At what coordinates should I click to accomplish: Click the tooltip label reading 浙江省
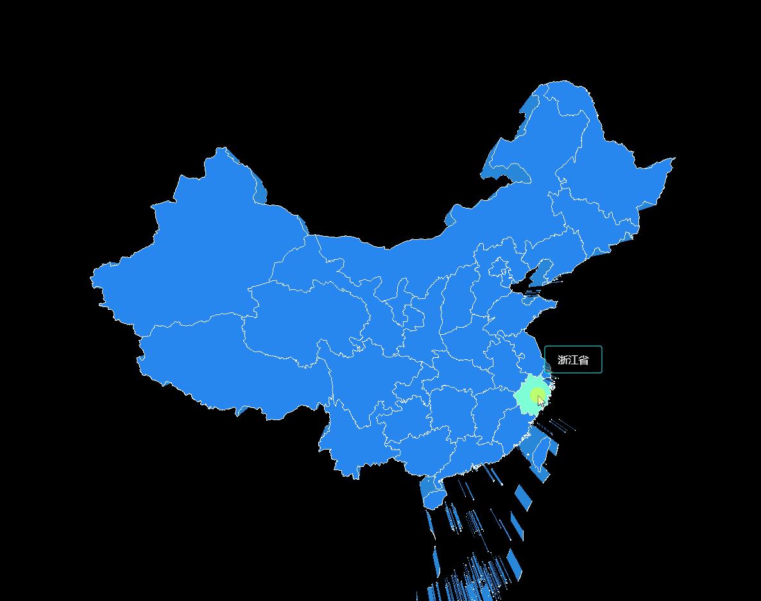point(573,360)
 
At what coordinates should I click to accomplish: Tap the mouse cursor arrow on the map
point(541,401)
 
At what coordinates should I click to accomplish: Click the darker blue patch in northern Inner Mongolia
point(517,173)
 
